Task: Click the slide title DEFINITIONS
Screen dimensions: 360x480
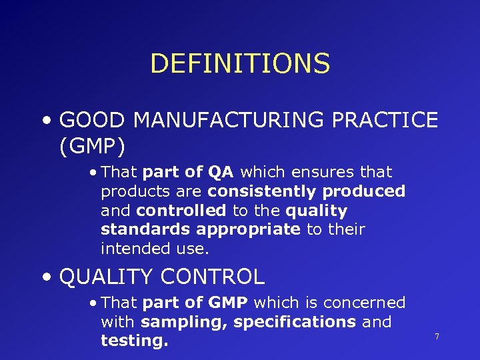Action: (x=240, y=64)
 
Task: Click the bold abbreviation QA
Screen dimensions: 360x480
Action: (x=220, y=172)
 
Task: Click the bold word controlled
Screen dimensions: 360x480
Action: (x=181, y=211)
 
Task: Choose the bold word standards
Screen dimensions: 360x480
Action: (x=146, y=230)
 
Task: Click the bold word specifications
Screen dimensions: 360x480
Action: (x=295, y=322)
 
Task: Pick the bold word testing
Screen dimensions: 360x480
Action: (x=134, y=341)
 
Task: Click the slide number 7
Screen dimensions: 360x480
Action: (x=437, y=337)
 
